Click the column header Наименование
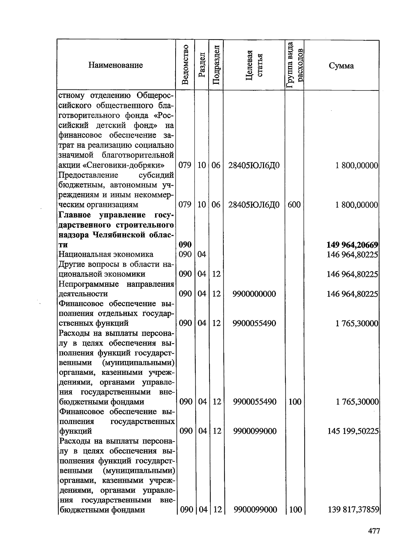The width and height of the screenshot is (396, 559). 115,65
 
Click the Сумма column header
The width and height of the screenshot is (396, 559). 341,65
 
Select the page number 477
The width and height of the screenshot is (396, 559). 374,531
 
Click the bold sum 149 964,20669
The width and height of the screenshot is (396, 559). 352,245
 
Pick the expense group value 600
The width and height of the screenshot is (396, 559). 294,205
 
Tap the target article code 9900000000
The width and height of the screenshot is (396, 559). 254,294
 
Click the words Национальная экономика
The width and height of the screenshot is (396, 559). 106,254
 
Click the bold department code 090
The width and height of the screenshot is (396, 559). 185,245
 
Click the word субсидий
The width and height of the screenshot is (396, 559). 156,175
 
